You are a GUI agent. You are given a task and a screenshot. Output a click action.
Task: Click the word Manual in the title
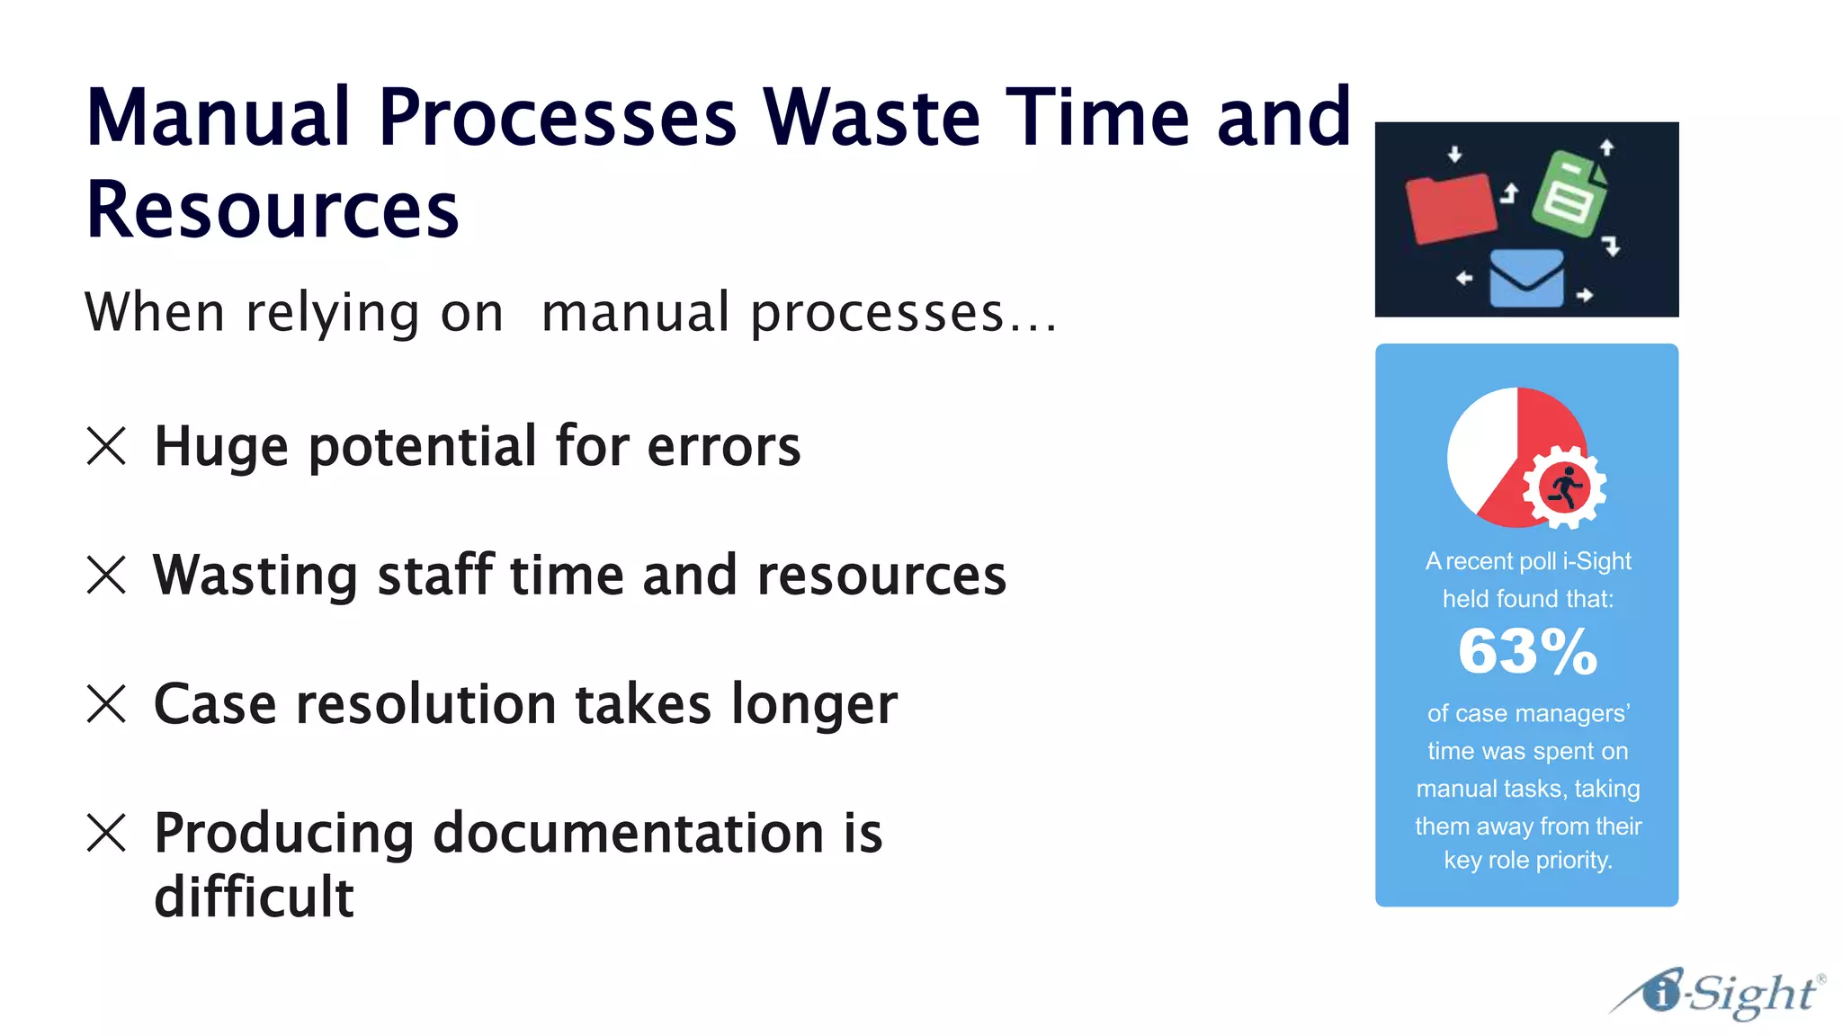tap(218, 118)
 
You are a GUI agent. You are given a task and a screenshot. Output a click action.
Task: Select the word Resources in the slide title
tap(273, 210)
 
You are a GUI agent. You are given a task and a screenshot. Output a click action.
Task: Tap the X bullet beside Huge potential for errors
tap(106, 446)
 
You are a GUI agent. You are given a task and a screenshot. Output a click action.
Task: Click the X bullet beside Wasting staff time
tap(106, 575)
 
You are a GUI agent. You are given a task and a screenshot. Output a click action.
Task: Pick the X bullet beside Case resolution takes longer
tap(106, 703)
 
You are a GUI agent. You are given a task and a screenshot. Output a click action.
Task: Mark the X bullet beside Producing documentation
tap(106, 833)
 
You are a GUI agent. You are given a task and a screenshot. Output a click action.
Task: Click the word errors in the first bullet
tap(723, 447)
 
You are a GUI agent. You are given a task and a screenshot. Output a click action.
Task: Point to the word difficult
tap(255, 898)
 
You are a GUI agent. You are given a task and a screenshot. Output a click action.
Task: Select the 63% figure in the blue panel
tap(1527, 651)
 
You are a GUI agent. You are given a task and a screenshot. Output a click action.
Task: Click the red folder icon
tap(1450, 208)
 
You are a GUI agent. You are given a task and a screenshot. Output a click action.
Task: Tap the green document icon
tap(1570, 193)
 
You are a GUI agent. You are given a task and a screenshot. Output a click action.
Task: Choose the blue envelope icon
tap(1526, 278)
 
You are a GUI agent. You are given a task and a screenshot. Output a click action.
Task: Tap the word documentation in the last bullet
tap(628, 834)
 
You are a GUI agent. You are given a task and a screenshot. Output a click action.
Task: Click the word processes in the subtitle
tap(877, 314)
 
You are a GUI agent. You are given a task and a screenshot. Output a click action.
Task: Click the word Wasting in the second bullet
tap(255, 576)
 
